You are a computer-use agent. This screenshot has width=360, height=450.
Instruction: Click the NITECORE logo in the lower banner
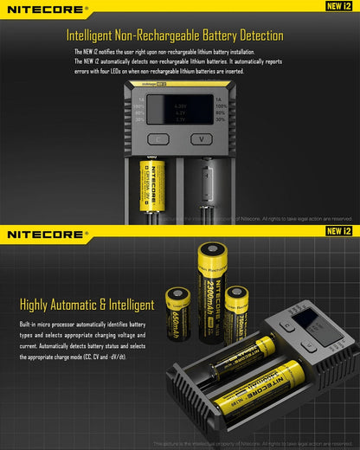tap(48, 234)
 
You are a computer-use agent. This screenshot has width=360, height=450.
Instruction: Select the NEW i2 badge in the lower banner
tap(338, 231)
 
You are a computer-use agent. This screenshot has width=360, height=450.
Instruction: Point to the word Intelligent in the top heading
tap(94, 36)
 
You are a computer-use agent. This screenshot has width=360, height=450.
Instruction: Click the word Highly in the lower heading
tap(35, 305)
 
